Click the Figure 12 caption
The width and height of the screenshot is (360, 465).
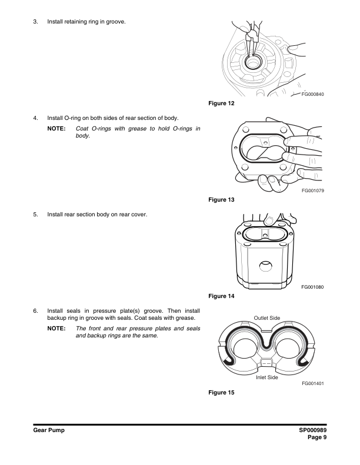click(221, 104)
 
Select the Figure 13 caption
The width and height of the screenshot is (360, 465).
click(221, 200)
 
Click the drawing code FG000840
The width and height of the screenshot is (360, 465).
click(312, 95)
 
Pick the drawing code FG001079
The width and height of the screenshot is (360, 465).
click(313, 190)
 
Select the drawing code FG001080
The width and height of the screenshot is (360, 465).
click(313, 287)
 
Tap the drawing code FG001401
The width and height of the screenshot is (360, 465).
click(313, 383)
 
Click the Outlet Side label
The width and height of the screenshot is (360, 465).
click(266, 318)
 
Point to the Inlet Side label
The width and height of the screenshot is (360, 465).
click(266, 377)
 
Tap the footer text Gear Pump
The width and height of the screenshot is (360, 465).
click(48, 431)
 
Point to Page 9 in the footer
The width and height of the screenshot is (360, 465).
click(316, 437)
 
